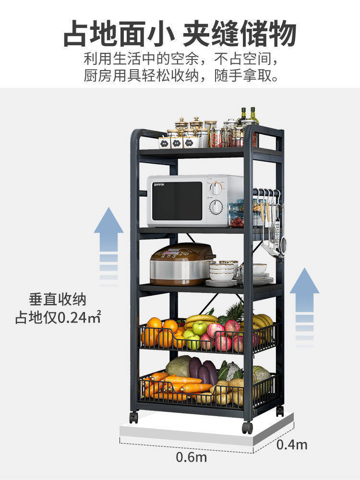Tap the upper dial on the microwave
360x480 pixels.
pyautogui.click(x=217, y=188)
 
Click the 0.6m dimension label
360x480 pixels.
pyautogui.click(x=191, y=456)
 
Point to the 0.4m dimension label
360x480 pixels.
pyautogui.click(x=292, y=444)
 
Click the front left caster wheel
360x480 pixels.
pyautogui.click(x=133, y=417)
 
